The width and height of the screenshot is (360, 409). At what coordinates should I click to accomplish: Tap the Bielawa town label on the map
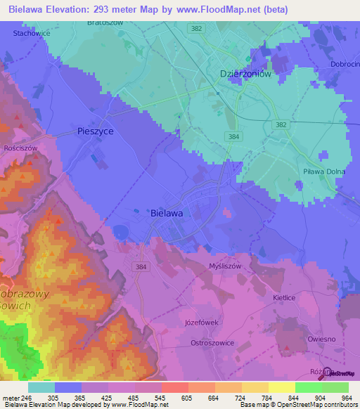point(167,212)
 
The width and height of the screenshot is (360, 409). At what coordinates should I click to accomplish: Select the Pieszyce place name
point(95,131)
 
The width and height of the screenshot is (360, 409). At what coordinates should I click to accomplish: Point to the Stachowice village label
point(32,33)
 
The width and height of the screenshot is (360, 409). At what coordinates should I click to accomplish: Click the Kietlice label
point(285,298)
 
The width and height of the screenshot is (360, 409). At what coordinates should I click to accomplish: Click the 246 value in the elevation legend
point(26,397)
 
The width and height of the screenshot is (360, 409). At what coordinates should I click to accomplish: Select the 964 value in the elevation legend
point(345,397)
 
